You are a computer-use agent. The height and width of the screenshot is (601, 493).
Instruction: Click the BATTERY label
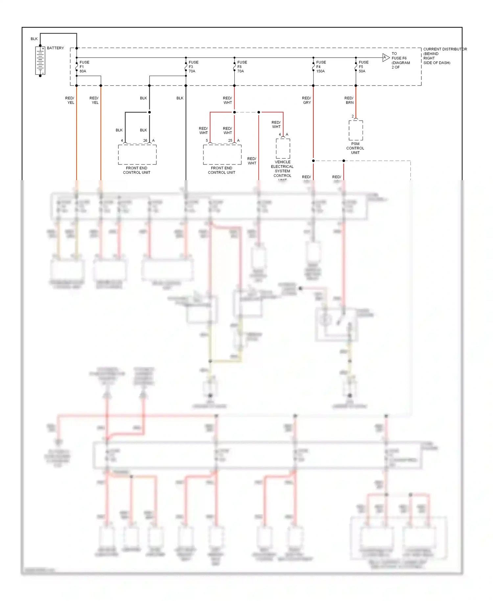point(55,48)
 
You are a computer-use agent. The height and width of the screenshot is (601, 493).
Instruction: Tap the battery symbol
point(40,61)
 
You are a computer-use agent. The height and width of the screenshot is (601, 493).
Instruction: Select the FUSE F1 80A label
point(84,67)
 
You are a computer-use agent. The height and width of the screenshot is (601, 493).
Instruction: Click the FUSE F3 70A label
point(193,67)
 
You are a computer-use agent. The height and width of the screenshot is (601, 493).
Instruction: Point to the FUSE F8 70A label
point(242,67)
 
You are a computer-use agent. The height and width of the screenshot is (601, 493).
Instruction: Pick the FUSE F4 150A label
point(320,67)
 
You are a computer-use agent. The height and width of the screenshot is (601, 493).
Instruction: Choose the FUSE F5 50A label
point(363,67)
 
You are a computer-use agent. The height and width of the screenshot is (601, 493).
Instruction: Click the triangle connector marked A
point(386,58)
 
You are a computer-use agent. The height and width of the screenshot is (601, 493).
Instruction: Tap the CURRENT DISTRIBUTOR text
point(444,49)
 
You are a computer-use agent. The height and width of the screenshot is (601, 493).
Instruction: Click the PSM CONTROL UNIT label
point(355,148)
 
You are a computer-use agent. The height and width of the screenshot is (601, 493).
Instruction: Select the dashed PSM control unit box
point(356,130)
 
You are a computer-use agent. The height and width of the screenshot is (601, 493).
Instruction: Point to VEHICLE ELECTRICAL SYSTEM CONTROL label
point(282,169)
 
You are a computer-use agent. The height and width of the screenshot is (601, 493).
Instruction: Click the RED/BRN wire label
point(349,100)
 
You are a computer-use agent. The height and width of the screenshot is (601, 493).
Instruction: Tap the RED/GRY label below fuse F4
point(306,100)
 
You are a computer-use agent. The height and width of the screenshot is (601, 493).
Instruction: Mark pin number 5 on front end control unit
point(207,141)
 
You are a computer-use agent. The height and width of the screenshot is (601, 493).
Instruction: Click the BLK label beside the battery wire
point(34,39)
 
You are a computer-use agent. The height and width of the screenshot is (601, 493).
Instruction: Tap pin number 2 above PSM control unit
point(353,116)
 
